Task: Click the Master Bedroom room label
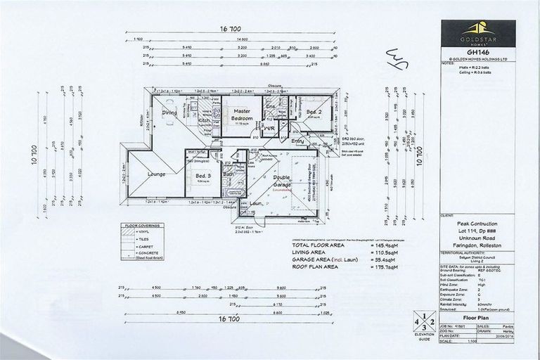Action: (243, 115)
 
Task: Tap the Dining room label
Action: (169, 112)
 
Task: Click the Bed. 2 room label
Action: (314, 112)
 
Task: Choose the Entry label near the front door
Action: (298, 141)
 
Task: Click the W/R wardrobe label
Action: (269, 129)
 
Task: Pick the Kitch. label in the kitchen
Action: (205, 121)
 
